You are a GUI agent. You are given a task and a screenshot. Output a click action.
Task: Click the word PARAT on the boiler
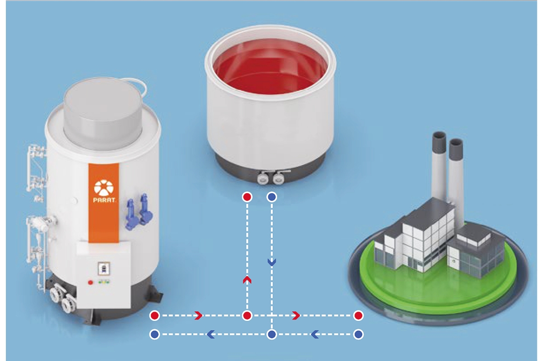[104, 200]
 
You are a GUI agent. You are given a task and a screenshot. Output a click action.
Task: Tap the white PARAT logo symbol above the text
[103, 187]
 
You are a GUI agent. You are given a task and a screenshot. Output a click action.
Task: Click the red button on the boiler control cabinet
[90, 282]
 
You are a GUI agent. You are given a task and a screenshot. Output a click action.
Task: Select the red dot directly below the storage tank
[247, 197]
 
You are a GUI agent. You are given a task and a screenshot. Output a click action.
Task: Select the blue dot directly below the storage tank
[272, 197]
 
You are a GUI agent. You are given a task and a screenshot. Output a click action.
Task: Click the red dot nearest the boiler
[154, 315]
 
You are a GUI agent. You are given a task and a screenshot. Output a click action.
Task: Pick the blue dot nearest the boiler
[154, 334]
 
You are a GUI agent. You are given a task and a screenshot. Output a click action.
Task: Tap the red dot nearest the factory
[358, 315]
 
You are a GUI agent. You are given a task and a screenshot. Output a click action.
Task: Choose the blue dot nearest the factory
[358, 334]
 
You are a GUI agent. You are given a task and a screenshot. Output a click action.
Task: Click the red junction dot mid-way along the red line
[247, 315]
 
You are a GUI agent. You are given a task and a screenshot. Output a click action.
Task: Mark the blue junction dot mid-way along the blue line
[272, 334]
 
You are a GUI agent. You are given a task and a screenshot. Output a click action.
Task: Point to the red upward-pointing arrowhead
[247, 280]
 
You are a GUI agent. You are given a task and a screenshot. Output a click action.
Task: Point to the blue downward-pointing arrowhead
[272, 262]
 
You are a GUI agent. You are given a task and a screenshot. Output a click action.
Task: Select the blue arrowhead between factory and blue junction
[314, 334]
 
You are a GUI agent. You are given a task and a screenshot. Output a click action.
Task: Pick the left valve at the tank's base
[262, 178]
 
